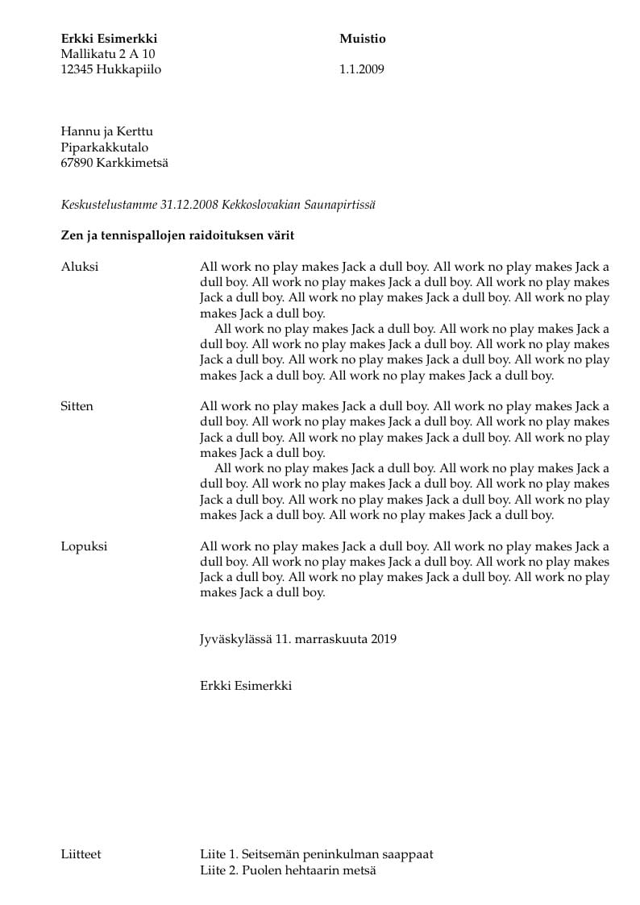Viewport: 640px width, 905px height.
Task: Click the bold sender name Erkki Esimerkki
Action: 109,39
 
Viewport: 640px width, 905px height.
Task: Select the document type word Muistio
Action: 363,39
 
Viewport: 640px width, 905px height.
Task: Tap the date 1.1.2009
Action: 362,69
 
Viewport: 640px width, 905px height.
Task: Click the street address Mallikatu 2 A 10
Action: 108,54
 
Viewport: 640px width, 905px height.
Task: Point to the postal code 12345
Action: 77,69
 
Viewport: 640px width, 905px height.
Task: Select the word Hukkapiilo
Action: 128,69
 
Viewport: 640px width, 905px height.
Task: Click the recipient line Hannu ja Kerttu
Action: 107,132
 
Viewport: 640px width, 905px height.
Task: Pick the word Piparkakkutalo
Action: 105,147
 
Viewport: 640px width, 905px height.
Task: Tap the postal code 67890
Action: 77,163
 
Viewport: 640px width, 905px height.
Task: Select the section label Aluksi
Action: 80,267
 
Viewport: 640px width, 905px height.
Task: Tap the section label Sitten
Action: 77,406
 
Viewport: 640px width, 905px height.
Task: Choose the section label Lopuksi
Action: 84,546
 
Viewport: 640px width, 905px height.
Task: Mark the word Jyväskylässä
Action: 236,640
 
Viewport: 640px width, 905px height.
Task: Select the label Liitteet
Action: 81,854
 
